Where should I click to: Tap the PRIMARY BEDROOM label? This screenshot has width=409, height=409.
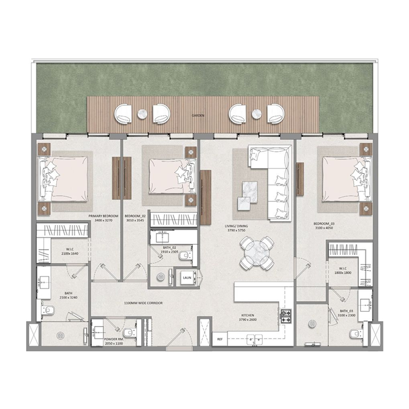[x=103, y=216]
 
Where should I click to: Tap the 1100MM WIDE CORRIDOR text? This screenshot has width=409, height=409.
[x=143, y=303]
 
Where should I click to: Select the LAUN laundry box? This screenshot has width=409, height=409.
[x=187, y=278]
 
